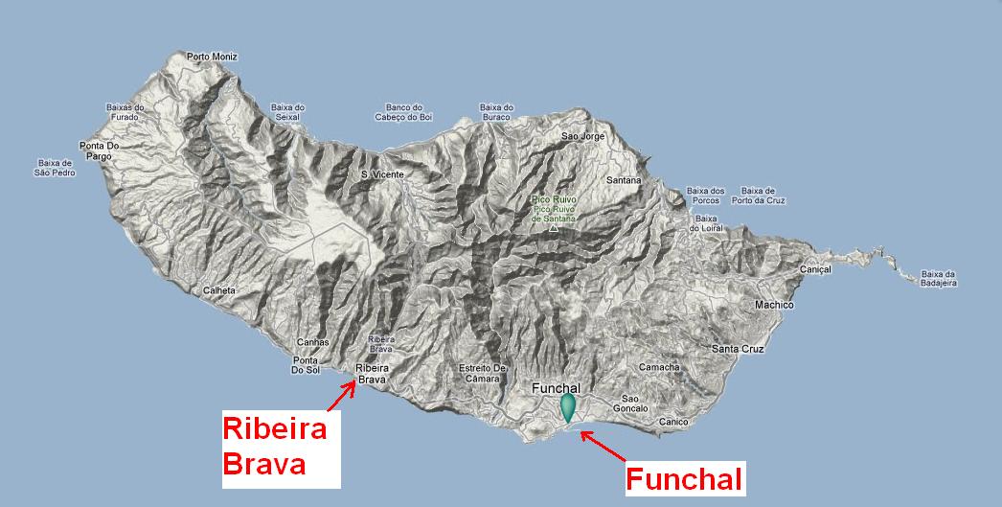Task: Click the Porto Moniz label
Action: click(x=212, y=57)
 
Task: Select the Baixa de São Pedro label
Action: click(x=54, y=168)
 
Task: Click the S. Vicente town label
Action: click(x=381, y=174)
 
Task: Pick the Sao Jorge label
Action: click(x=582, y=137)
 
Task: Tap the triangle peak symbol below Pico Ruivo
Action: click(x=554, y=229)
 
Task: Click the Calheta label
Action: click(x=219, y=290)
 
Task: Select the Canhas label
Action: click(x=313, y=342)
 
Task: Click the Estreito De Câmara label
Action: click(x=482, y=373)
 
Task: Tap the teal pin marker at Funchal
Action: click(x=569, y=407)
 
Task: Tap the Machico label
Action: click(x=774, y=305)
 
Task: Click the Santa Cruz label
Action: click(x=737, y=349)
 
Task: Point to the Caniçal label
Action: click(x=814, y=270)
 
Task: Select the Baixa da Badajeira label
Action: click(x=939, y=278)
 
